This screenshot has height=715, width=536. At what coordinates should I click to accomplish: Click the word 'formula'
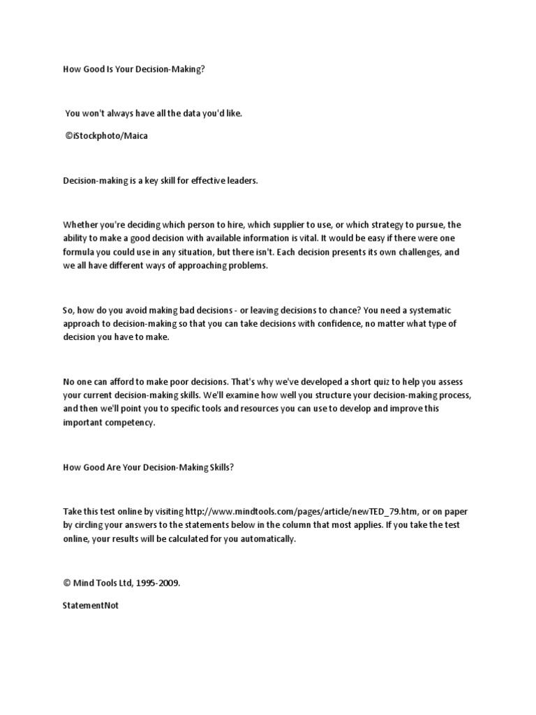point(80,251)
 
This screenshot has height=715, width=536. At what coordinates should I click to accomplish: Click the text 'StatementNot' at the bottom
point(91,605)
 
